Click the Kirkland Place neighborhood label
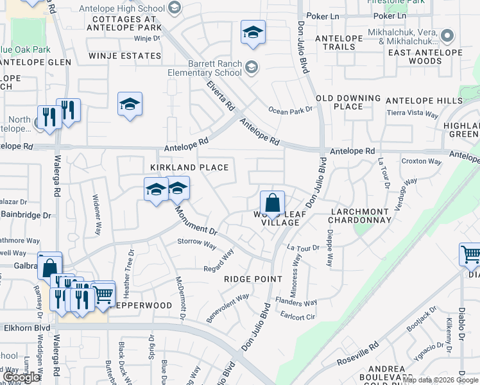(x=189, y=167)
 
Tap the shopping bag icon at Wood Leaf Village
(x=272, y=203)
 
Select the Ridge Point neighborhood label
(x=253, y=279)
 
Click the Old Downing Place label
(x=348, y=102)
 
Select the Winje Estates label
(x=125, y=56)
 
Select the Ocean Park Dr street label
(x=290, y=110)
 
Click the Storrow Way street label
(x=196, y=243)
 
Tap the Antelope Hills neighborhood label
(x=424, y=101)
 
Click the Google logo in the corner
(x=22, y=377)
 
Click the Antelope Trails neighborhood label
(x=335, y=42)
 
